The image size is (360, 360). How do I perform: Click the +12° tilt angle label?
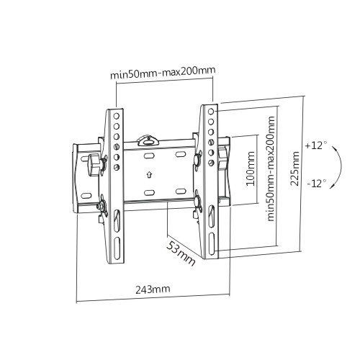315,145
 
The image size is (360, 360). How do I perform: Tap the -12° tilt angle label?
315,183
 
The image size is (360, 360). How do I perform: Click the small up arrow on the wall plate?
148,174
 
